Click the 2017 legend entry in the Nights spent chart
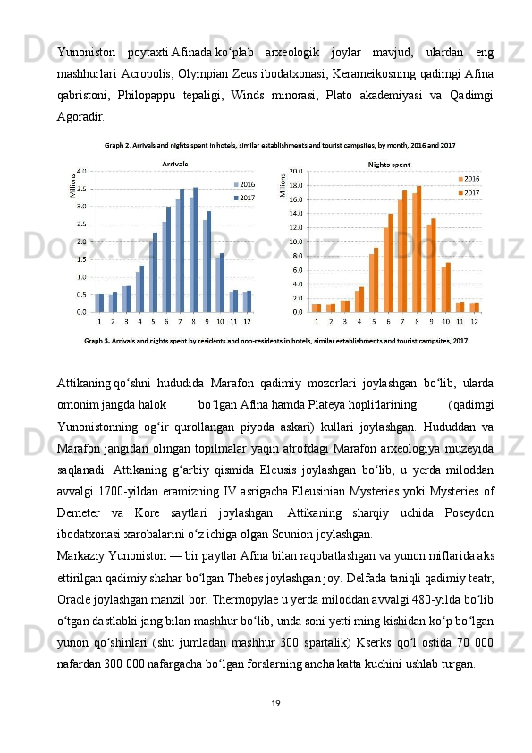click(470, 192)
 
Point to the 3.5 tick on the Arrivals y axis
click(80, 189)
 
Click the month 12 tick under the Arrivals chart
click(248, 320)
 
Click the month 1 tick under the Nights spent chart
click(317, 320)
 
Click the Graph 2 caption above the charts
click(280, 145)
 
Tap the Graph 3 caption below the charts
click(276, 340)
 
